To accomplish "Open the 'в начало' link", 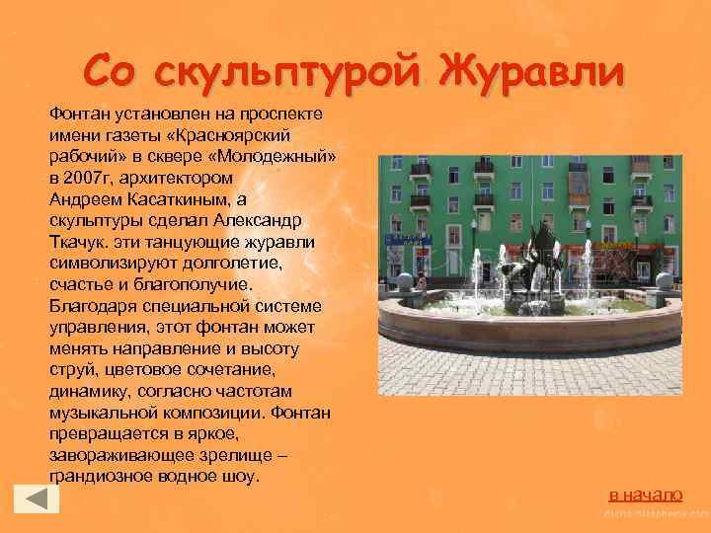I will [645, 494].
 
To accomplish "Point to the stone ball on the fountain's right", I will [665, 281].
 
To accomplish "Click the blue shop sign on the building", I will [408, 240].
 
